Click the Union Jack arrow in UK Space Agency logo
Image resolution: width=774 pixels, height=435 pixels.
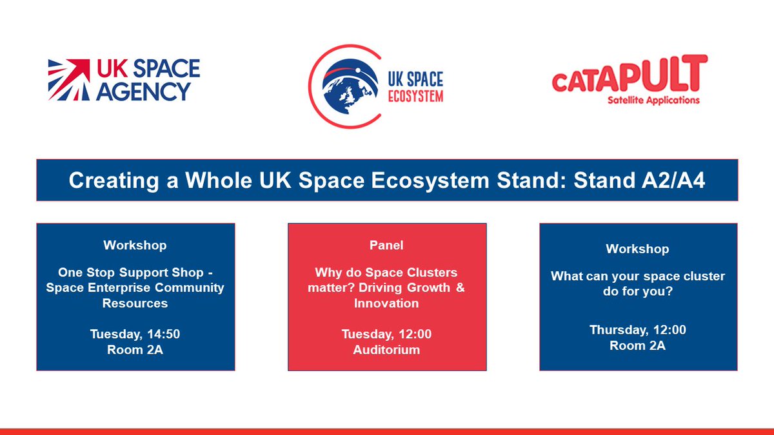(70, 80)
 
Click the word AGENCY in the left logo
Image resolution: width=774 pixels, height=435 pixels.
(143, 92)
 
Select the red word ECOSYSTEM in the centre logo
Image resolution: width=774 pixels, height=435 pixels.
(415, 97)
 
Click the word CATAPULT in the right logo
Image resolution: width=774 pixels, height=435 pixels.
(629, 76)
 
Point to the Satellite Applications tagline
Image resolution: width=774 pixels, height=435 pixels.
(653, 101)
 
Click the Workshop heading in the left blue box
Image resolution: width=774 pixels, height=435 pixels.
(135, 246)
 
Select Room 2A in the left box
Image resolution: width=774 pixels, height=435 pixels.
(135, 350)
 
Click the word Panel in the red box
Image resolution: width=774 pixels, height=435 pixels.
(386, 246)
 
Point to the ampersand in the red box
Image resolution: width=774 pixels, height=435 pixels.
(460, 288)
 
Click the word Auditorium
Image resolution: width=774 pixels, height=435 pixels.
(386, 350)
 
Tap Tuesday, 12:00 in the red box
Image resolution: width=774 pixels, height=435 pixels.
(386, 334)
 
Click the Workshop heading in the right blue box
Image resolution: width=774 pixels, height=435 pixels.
(637, 249)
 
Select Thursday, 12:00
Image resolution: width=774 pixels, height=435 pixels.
(637, 330)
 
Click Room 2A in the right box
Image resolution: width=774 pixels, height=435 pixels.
(637, 346)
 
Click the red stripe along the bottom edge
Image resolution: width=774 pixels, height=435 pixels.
(387, 431)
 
